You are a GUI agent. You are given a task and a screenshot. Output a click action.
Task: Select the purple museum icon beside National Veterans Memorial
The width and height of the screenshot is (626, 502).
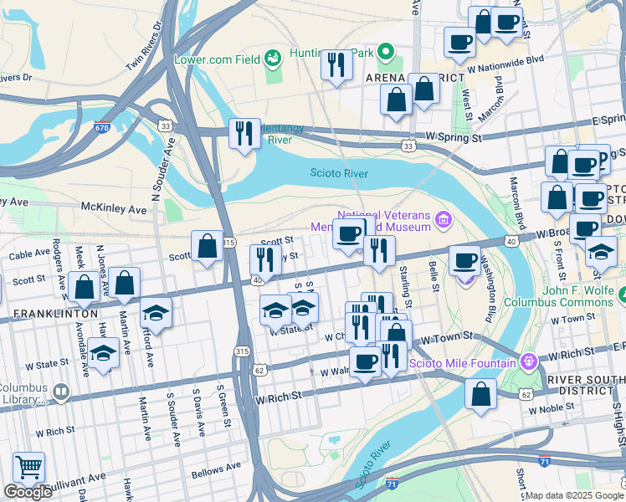coord(444,220)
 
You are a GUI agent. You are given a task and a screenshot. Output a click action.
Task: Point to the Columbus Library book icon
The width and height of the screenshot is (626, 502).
coord(60,392)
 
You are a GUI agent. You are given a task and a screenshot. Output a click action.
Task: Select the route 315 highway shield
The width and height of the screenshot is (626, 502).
coord(242,351)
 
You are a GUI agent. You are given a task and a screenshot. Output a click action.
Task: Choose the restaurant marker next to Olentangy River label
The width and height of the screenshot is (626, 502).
coord(244,133)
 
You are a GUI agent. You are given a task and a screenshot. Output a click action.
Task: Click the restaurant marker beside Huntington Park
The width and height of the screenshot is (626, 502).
coord(336,64)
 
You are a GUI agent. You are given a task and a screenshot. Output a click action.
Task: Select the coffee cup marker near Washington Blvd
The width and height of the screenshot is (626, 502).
coord(464,260)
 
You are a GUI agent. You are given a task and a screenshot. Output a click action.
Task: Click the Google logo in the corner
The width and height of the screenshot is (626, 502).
coord(28,492)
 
